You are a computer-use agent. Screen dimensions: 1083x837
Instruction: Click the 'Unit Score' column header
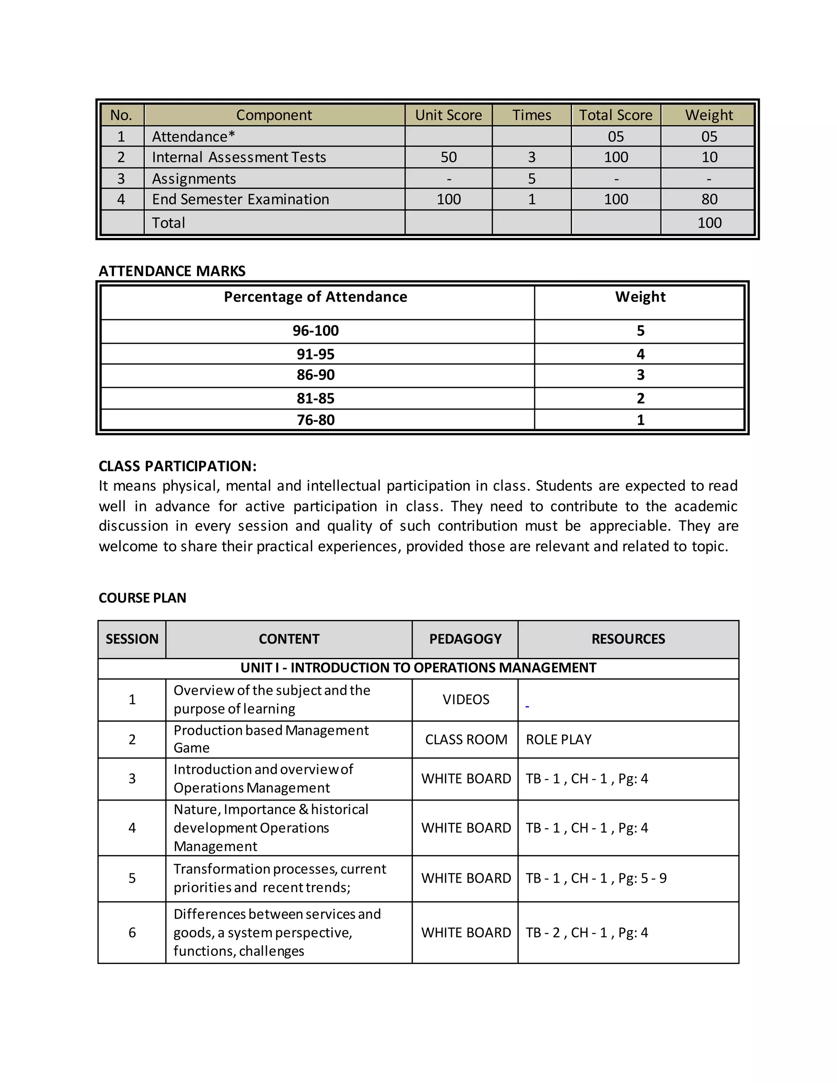pos(448,115)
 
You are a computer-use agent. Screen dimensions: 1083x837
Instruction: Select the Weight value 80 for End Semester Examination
pos(709,199)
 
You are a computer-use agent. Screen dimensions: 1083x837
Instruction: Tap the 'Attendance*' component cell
pos(193,136)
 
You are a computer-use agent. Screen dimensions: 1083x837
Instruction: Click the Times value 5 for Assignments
pos(532,179)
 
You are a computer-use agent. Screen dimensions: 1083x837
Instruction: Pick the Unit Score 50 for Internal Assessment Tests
pos(448,157)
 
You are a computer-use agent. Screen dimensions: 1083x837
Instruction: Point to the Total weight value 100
pos(709,223)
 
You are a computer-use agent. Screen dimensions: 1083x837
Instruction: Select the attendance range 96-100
pos(316,331)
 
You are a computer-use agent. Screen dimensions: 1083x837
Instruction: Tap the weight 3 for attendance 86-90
pos(640,375)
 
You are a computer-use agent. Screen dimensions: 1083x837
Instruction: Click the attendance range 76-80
pos(316,420)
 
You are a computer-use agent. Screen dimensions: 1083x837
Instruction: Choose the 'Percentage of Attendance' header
pos(316,297)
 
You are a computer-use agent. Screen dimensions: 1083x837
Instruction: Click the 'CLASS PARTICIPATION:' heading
pos(177,466)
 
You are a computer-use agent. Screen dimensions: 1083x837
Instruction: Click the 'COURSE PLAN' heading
pos(142,597)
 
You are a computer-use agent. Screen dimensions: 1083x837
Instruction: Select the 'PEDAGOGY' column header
pos(465,639)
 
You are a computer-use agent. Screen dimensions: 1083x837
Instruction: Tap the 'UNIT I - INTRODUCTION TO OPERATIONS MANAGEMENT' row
pos(418,667)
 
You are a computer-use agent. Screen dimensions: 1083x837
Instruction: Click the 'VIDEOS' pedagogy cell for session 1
pos(465,699)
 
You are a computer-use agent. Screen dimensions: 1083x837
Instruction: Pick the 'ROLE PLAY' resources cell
pos(558,739)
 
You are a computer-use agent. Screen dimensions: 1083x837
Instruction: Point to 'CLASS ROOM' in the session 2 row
pos(465,739)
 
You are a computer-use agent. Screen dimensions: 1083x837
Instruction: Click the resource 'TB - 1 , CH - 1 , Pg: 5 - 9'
pos(596,878)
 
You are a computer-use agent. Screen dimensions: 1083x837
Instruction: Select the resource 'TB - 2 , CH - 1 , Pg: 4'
pos(586,933)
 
